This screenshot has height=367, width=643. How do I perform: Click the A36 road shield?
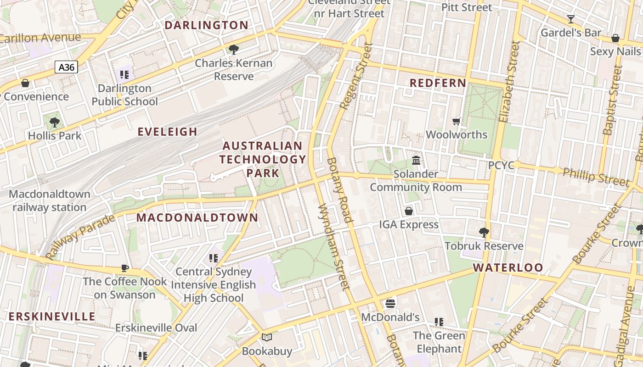pyautogui.click(x=67, y=67)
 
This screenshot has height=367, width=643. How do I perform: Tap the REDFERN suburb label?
pyautogui.click(x=438, y=83)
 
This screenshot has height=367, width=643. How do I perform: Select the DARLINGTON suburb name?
pyautogui.click(x=206, y=25)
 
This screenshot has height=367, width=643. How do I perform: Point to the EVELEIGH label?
pyautogui.click(x=168, y=132)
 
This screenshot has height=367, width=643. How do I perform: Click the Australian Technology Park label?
pyautogui.click(x=263, y=159)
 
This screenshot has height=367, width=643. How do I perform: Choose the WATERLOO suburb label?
pyautogui.click(x=508, y=267)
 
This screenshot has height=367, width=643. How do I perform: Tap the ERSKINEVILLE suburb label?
pyautogui.click(x=52, y=317)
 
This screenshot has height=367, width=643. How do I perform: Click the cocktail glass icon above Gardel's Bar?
pyautogui.click(x=570, y=19)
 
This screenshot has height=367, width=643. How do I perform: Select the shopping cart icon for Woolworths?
pyautogui.click(x=456, y=121)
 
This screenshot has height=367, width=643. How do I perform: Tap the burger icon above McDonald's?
pyautogui.click(x=390, y=303)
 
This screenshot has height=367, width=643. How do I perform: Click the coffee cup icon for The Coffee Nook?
pyautogui.click(x=124, y=268)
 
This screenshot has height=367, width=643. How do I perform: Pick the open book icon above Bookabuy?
pyautogui.click(x=267, y=338)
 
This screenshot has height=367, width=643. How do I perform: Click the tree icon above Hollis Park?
pyautogui.click(x=55, y=122)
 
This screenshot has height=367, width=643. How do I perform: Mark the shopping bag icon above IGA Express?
pyautogui.click(x=408, y=211)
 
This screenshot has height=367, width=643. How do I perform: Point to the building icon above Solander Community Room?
pyautogui.click(x=416, y=161)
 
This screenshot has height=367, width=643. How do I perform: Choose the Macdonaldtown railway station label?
pyautogui.click(x=50, y=200)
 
